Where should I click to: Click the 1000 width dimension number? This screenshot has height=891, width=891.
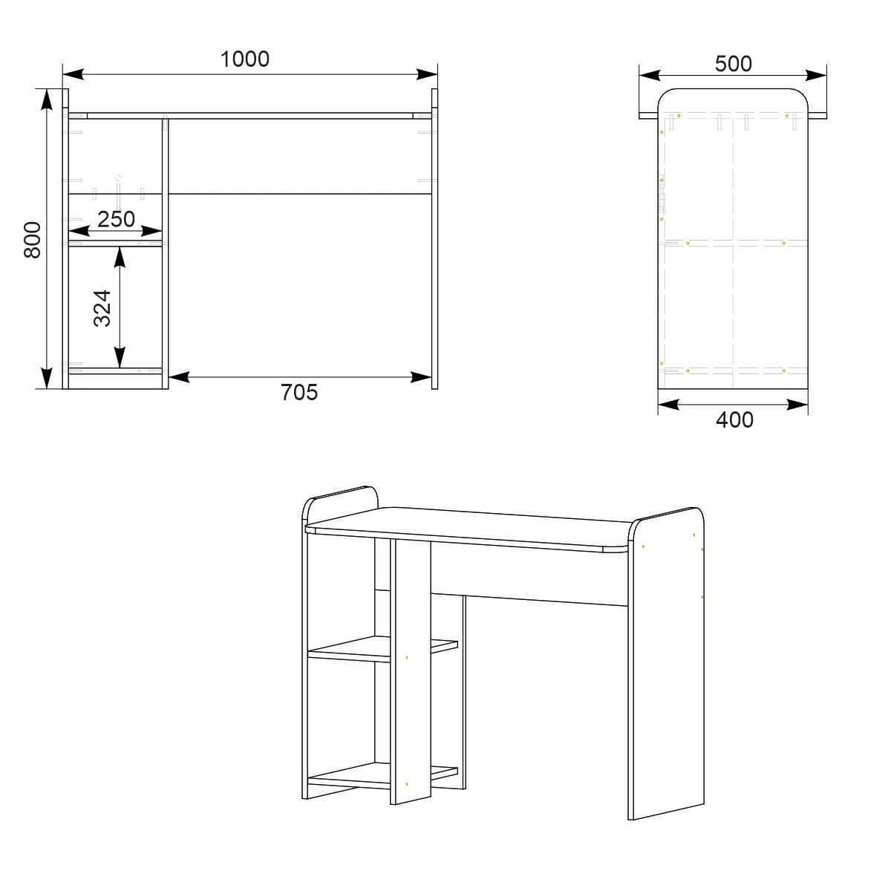pos(244,59)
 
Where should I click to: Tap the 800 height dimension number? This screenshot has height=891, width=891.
pos(32,239)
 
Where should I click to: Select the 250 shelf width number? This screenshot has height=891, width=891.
pos(116,219)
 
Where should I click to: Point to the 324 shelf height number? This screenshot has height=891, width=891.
pos(102,307)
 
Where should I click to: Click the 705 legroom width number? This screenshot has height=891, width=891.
pos(298,392)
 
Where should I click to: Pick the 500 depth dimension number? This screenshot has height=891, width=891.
pos(733,64)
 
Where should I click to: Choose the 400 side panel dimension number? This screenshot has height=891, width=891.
pos(734,420)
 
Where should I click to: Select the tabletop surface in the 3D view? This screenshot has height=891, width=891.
pos(475,527)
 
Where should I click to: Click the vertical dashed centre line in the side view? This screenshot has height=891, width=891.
pos(734,297)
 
